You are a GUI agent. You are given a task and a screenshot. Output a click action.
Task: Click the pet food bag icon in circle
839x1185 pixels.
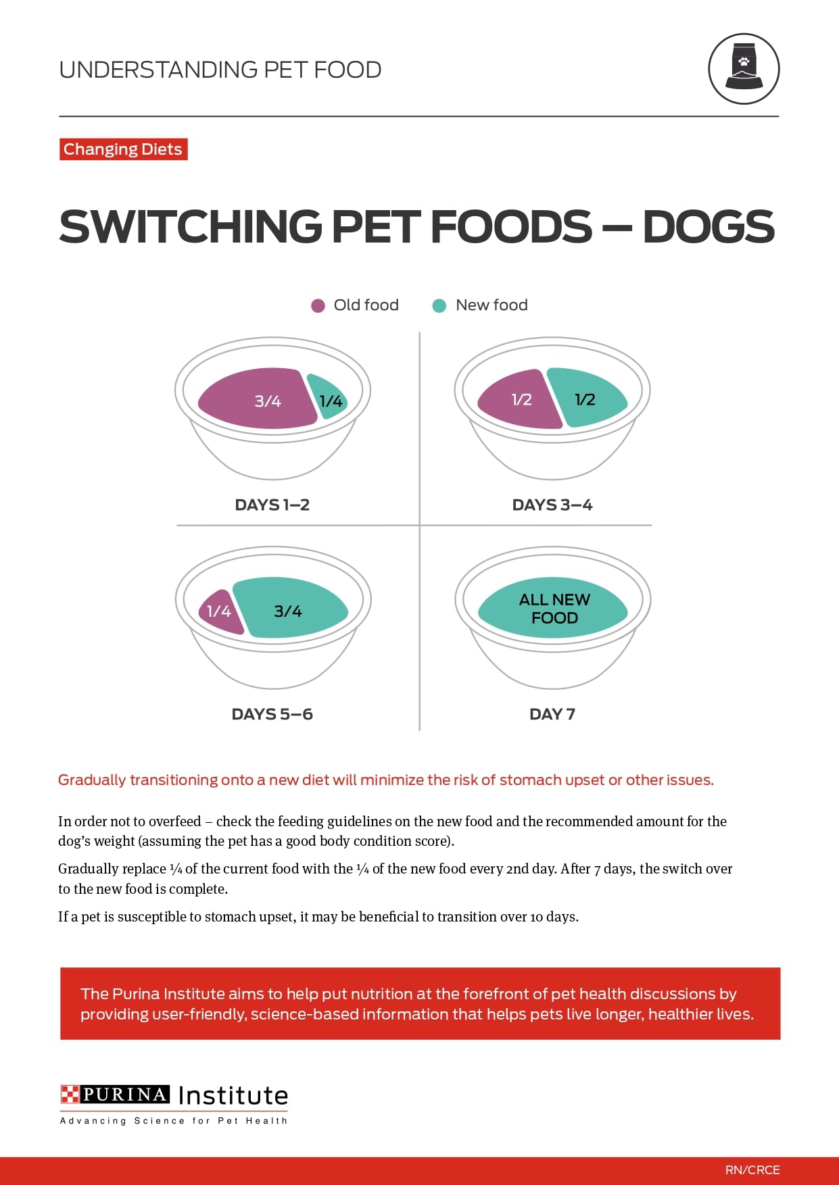click(x=744, y=68)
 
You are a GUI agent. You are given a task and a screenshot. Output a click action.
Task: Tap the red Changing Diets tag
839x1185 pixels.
click(x=123, y=149)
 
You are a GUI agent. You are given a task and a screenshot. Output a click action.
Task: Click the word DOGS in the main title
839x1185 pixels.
click(x=708, y=227)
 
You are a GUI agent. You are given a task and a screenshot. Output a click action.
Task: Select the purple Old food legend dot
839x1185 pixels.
click(x=318, y=306)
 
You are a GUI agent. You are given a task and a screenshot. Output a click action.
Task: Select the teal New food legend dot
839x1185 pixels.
click(x=439, y=306)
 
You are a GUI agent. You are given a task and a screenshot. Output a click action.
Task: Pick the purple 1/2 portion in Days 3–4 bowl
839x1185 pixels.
click(x=519, y=400)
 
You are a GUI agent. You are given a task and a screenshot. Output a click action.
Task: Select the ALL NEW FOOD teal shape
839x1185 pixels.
click(x=553, y=608)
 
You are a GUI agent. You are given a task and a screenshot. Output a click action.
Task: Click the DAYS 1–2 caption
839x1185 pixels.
click(x=272, y=505)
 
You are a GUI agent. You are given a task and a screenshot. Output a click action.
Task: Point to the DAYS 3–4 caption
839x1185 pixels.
click(x=552, y=505)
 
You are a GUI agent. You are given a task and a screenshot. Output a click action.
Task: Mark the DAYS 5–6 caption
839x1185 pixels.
click(x=272, y=714)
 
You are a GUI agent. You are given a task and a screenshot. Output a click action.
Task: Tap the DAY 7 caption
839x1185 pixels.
click(x=552, y=714)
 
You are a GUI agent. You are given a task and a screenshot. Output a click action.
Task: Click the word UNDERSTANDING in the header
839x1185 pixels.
click(x=158, y=70)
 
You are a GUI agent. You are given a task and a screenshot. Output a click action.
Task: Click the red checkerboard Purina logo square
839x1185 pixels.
click(x=70, y=1094)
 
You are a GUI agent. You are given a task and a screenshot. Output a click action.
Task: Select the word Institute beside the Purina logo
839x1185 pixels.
click(x=233, y=1095)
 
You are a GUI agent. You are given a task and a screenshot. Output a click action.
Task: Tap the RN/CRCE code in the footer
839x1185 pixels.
click(x=752, y=1169)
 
